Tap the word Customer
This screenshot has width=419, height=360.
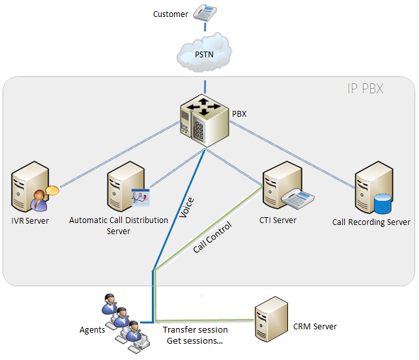tap(170, 14)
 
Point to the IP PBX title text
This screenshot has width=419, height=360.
tap(365, 88)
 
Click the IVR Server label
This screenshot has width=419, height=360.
tap(30, 221)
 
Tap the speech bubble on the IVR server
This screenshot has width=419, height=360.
tap(51, 191)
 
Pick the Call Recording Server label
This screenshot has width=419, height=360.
tap(371, 222)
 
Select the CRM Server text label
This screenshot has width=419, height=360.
tap(315, 326)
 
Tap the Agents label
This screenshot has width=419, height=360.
tap(92, 330)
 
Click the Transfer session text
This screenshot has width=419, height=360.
tap(195, 330)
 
